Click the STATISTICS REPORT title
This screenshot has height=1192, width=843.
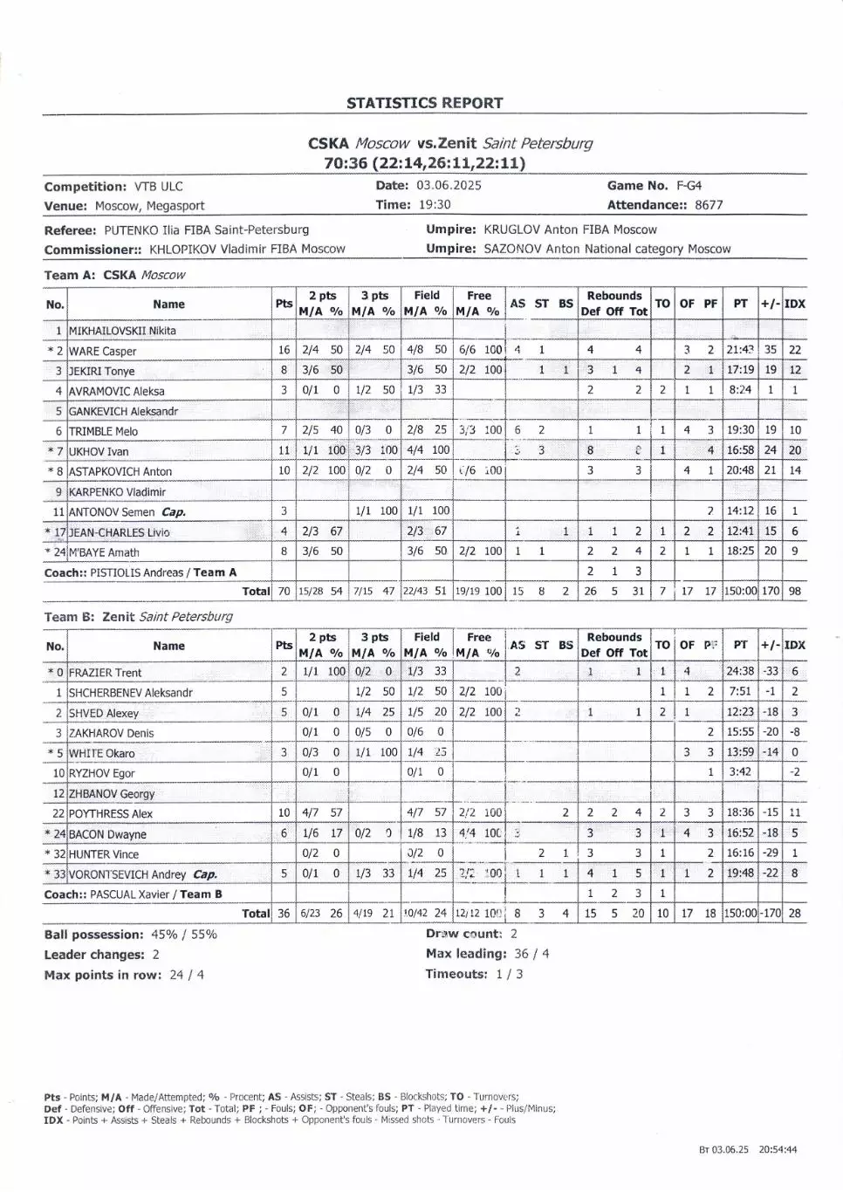[425, 103]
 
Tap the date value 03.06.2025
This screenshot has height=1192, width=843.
[449, 185]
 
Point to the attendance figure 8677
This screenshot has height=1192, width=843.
[709, 205]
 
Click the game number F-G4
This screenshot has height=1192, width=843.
[689, 185]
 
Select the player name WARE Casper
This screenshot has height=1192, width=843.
[103, 351]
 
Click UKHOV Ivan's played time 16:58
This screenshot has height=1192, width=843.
[740, 450]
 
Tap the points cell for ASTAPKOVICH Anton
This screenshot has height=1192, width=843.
[284, 470]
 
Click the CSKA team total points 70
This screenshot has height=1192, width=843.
[284, 591]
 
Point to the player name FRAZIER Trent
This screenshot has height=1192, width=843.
[105, 673]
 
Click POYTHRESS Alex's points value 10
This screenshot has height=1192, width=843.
[284, 813]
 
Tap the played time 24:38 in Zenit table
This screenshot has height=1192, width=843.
[740, 672]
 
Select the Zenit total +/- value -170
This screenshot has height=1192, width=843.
[771, 914]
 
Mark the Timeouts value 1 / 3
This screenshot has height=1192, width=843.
[509, 974]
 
